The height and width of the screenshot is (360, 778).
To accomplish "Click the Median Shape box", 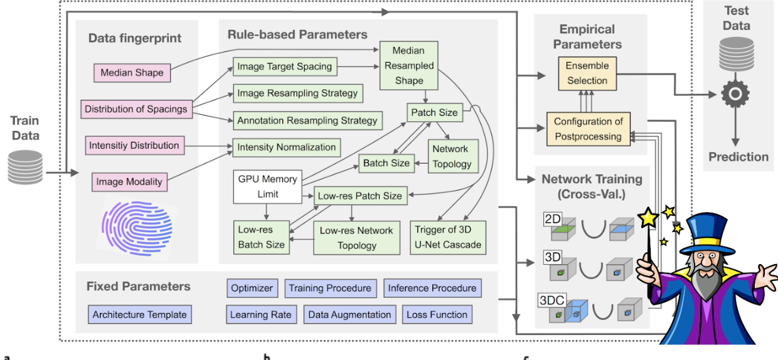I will pyautogui.click(x=132, y=73).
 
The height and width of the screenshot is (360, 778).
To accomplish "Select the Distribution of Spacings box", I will pyautogui.click(x=136, y=109).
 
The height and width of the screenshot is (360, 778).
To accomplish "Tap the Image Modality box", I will pyautogui.click(x=129, y=183).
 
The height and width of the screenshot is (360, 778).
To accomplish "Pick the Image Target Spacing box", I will pyautogui.click(x=284, y=66).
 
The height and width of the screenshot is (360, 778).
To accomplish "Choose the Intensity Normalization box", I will pyautogui.click(x=286, y=148).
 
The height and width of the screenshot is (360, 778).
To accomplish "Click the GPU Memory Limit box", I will pyautogui.click(x=267, y=186).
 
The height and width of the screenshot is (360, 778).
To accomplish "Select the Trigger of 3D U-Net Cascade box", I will pyautogui.click(x=448, y=237).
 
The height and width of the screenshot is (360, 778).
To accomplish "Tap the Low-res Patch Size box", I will pyautogui.click(x=360, y=196).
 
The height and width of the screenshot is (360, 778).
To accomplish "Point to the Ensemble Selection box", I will pyautogui.click(x=587, y=73).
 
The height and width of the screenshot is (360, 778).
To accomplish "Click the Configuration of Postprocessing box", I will pyautogui.click(x=588, y=129).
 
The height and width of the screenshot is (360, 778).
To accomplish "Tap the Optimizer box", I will pyautogui.click(x=252, y=289).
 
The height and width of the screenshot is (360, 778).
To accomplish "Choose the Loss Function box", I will pyautogui.click(x=437, y=315).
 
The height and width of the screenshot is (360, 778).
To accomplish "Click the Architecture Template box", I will pyautogui.click(x=139, y=315).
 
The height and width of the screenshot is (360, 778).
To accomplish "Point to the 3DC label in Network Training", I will pyautogui.click(x=552, y=300).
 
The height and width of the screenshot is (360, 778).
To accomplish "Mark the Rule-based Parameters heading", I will pyautogui.click(x=297, y=35).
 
